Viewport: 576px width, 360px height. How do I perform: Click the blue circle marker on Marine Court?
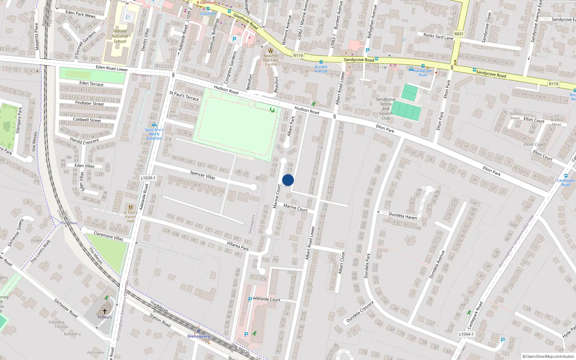pos(288,180)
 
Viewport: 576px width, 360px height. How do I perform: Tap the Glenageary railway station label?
pos(198,336)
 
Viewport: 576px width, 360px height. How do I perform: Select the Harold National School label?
pos(120,36)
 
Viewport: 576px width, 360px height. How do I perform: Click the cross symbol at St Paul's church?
pos(105,311)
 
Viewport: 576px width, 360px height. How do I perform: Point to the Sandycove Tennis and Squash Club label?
pos(386,108)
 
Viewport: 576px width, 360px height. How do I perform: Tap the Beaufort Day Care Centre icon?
pos(271,50)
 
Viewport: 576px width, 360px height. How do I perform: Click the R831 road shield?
pos(459,34)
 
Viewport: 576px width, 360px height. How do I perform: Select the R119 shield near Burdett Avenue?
pos(298,55)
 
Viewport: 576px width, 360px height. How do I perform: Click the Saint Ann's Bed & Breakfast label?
pos(154,134)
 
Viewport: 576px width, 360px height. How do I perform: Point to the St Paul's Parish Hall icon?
pos(130,207)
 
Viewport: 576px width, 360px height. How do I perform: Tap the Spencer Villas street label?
pos(202,175)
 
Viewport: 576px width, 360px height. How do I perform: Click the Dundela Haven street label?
pos(403,215)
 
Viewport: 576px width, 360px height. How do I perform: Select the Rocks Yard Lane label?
pos(438,36)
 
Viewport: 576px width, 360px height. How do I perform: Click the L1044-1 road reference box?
pos(466,334)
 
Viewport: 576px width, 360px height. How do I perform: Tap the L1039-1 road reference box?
pos(148,178)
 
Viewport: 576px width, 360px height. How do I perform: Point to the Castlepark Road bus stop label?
pos(566,183)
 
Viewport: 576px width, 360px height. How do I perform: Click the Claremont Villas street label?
pos(108,236)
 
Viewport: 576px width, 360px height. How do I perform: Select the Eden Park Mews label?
pos(80,14)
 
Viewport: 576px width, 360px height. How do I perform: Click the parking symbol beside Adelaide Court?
pos(250,300)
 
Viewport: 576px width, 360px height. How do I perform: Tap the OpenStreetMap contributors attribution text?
pos(548,356)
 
